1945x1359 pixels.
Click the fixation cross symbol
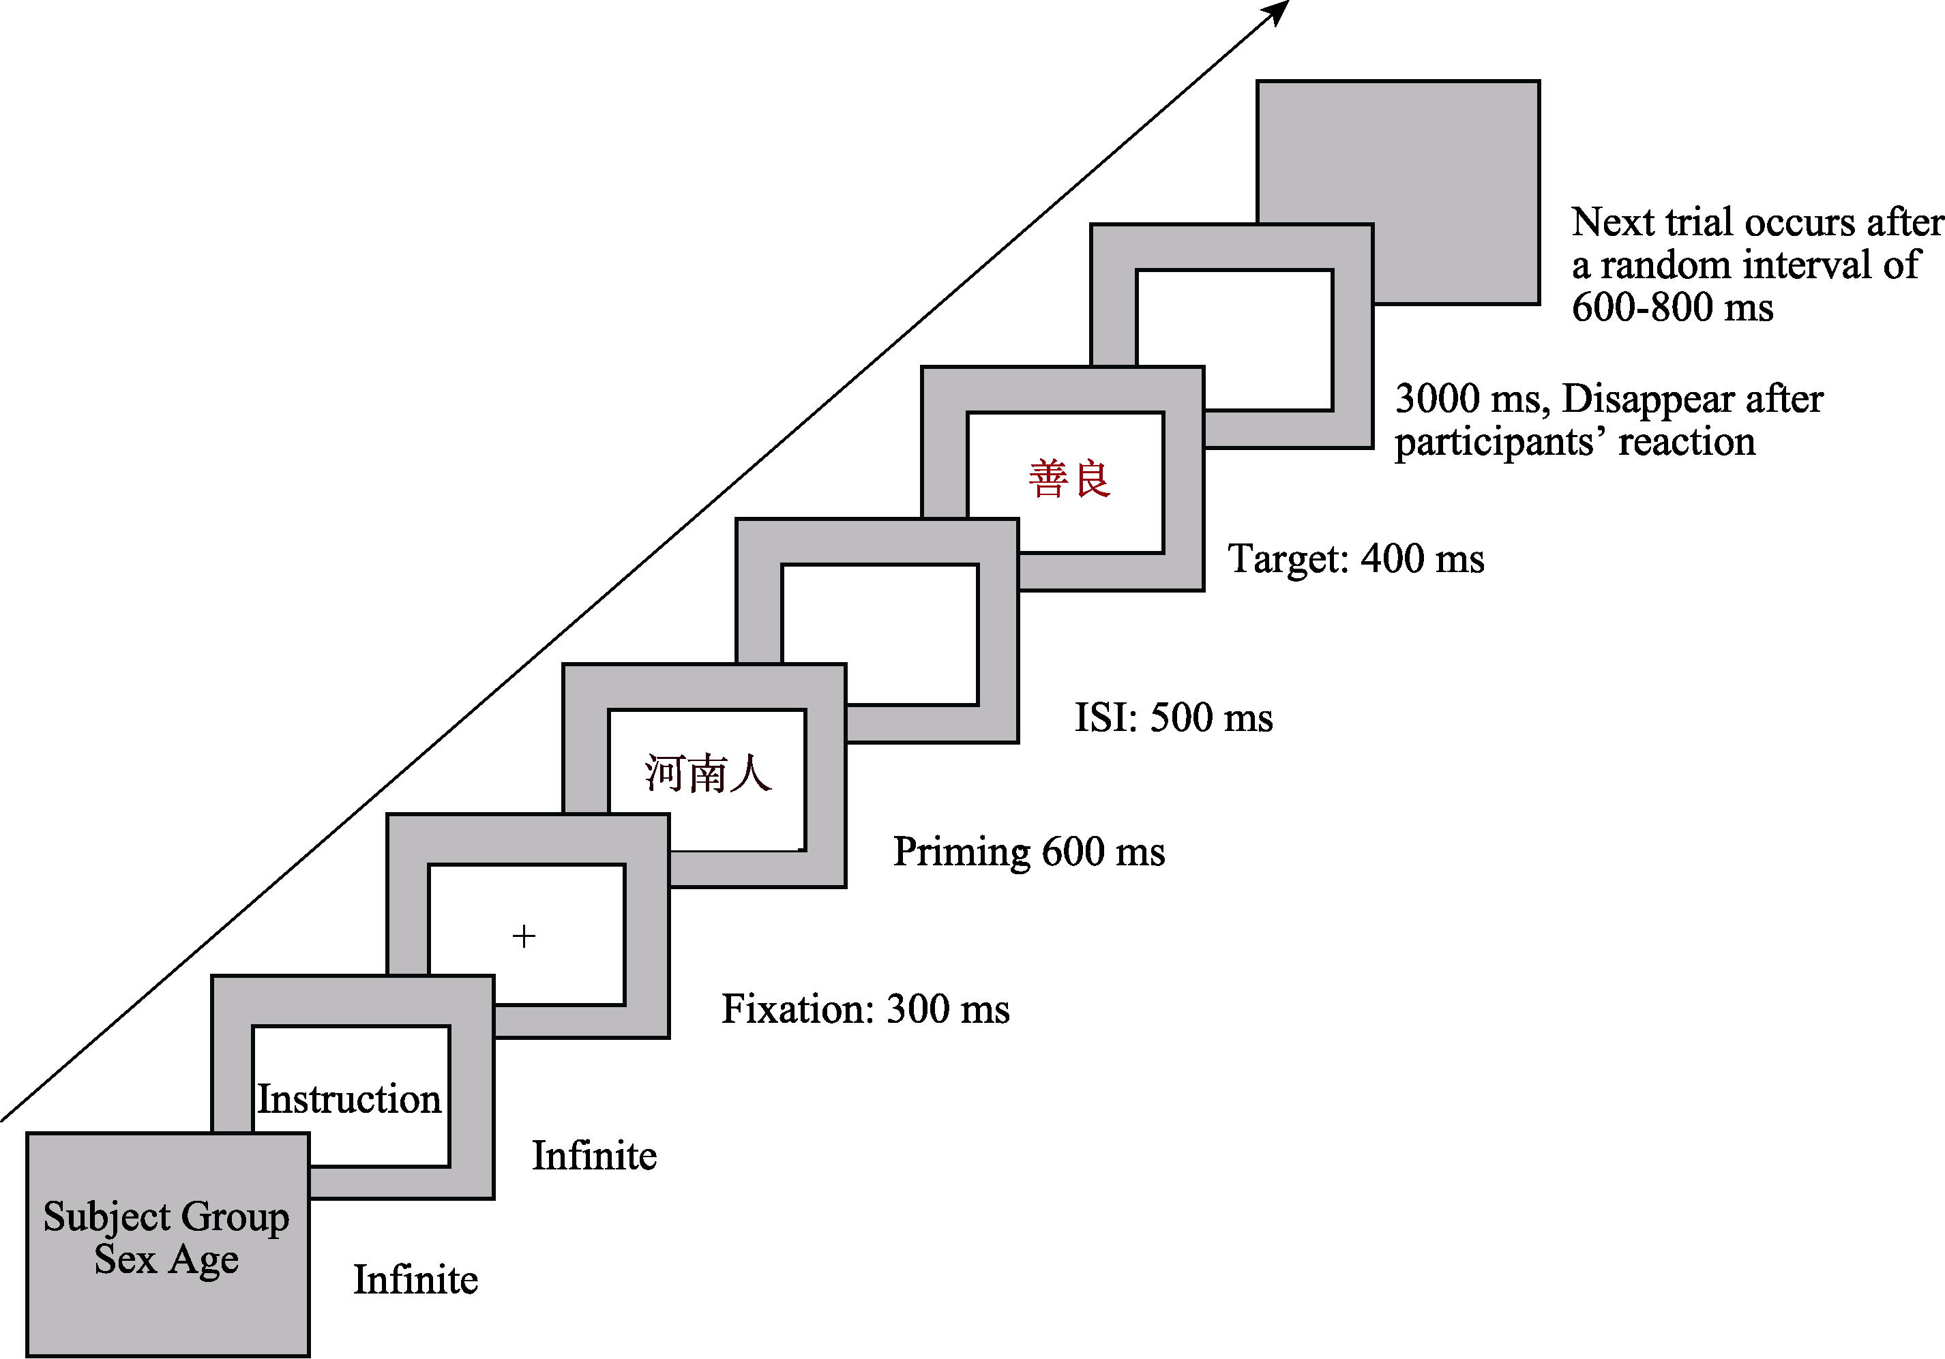click(524, 936)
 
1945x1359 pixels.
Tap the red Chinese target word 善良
click(1069, 479)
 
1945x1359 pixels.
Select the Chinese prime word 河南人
click(707, 773)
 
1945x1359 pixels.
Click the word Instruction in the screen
click(349, 1099)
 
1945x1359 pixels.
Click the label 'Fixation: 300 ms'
click(865, 1009)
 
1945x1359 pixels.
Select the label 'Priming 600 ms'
click(1028, 852)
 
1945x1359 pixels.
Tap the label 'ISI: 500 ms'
click(1173, 717)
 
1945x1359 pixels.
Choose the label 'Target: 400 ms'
click(1355, 559)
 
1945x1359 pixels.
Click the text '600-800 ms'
click(1672, 307)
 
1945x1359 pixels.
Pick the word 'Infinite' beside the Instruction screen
click(594, 1156)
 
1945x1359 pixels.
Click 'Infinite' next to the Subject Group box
click(415, 1279)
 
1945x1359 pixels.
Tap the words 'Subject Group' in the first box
click(166, 1217)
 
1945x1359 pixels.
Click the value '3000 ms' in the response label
click(1470, 399)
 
